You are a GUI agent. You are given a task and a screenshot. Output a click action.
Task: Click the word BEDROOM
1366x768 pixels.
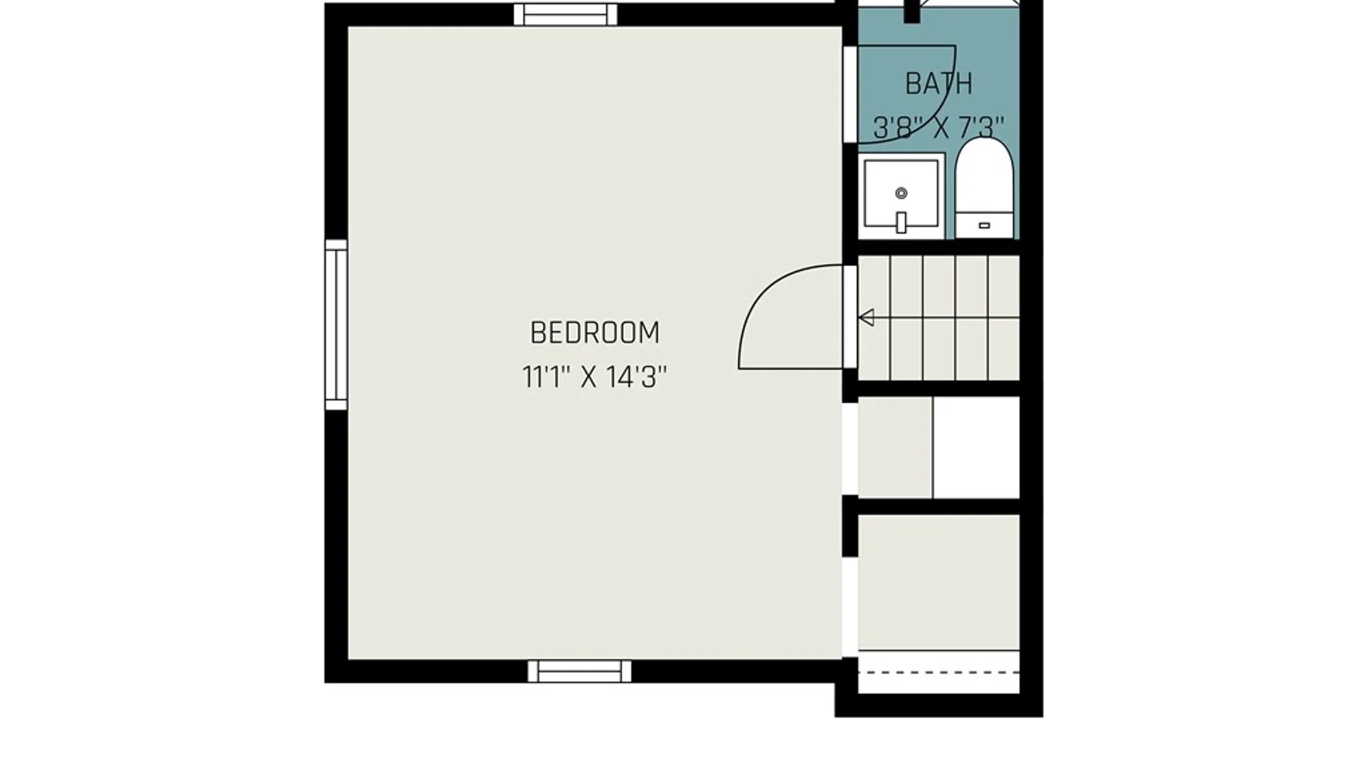pos(595,333)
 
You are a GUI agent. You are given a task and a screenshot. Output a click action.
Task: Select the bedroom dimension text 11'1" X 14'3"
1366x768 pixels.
pos(595,377)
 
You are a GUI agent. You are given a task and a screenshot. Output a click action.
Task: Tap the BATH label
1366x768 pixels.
pos(938,84)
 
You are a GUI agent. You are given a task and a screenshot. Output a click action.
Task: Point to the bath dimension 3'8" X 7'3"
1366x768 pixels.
pos(938,128)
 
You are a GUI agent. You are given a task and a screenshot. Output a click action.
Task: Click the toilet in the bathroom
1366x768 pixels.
pos(984,188)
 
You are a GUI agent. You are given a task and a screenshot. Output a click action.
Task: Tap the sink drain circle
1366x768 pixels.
pos(901,193)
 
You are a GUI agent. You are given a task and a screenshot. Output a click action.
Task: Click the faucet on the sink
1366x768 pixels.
pos(901,222)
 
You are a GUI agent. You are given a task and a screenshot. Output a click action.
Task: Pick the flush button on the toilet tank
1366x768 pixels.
pos(984,225)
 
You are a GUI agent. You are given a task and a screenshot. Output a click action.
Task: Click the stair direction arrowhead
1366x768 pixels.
pos(867,317)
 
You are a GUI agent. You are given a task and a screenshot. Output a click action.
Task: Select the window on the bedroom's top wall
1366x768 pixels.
pos(566,14)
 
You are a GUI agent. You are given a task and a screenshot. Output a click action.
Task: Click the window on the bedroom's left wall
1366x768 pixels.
pos(336,324)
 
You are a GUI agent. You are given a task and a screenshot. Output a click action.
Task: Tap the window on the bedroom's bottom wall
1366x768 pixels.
pos(579,671)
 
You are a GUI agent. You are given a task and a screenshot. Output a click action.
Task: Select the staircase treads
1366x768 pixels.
pos(939,318)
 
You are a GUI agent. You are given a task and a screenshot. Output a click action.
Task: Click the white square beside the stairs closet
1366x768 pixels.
pos(976,447)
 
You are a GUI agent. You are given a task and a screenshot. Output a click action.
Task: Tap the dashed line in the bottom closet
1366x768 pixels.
pos(939,672)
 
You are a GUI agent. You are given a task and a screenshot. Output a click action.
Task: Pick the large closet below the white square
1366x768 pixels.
pos(939,582)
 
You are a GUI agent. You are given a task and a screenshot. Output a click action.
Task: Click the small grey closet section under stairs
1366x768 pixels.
pos(895,447)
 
